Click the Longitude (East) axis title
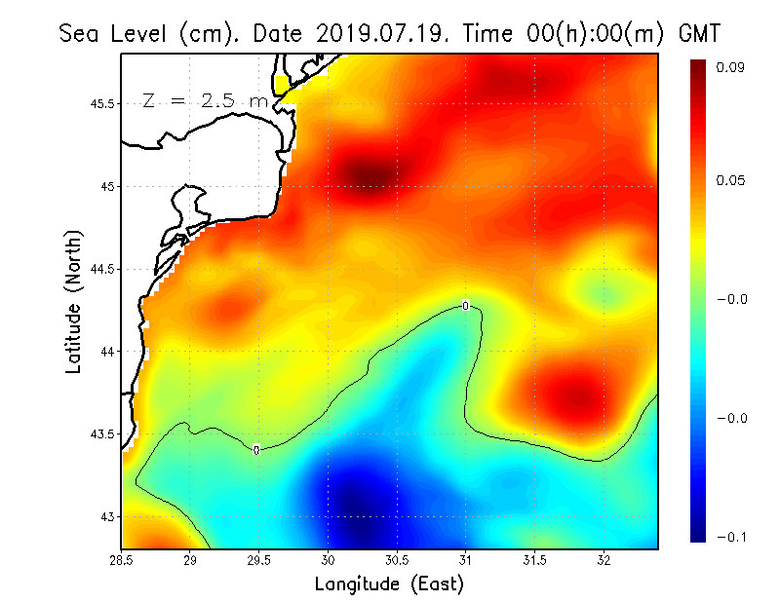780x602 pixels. coord(389,584)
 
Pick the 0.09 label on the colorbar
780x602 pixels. coord(731,67)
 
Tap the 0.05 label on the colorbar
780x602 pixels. coord(731,180)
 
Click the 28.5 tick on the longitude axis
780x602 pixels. coord(121,560)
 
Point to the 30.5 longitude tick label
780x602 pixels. coord(397,560)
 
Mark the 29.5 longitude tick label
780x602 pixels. coord(258,560)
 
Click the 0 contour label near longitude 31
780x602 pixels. coord(466,306)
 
